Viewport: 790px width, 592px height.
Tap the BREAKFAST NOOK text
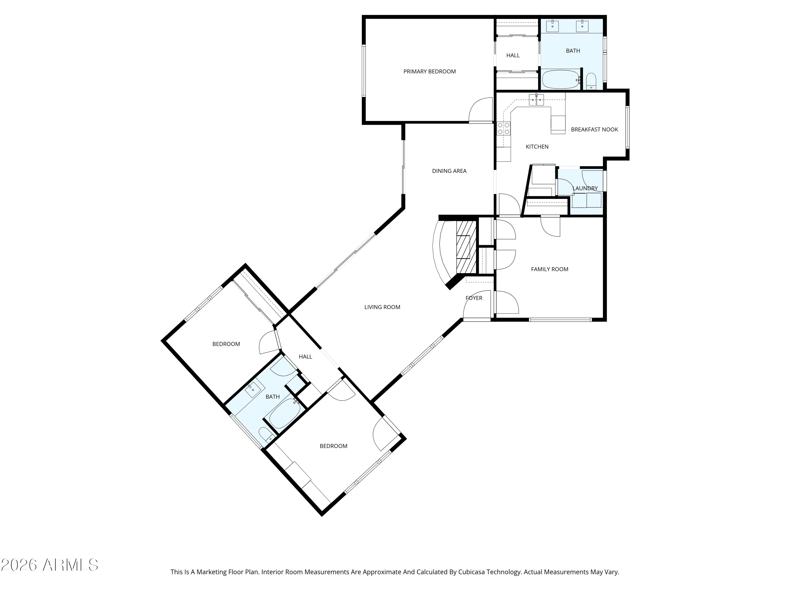pyautogui.click(x=594, y=129)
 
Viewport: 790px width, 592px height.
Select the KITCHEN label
pyautogui.click(x=537, y=147)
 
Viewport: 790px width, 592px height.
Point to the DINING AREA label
pyautogui.click(x=449, y=171)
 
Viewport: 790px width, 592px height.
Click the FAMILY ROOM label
pyautogui.click(x=549, y=269)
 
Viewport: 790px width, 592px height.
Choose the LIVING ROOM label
pyautogui.click(x=382, y=307)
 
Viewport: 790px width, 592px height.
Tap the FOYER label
pyautogui.click(x=473, y=298)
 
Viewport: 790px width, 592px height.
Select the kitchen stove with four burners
pyautogui.click(x=503, y=128)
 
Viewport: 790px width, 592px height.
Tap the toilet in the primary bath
pyautogui.click(x=591, y=81)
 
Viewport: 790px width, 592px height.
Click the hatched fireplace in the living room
pyautogui.click(x=466, y=246)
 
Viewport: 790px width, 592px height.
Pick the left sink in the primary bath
pyautogui.click(x=552, y=26)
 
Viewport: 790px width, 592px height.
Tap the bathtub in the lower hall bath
pyautogui.click(x=285, y=414)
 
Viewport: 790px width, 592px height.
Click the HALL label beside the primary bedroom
pyautogui.click(x=513, y=55)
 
